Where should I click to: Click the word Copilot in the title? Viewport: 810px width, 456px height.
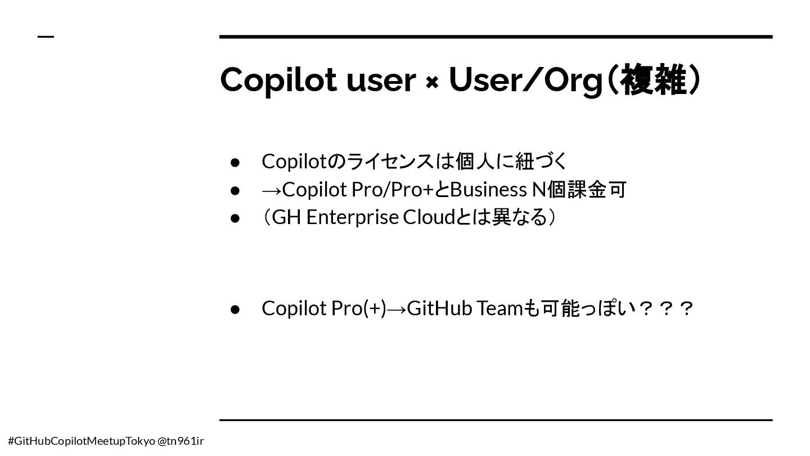278,81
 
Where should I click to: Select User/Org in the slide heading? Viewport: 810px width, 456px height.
525,81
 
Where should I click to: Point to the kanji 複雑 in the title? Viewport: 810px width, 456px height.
653,79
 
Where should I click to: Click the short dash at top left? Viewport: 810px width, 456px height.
46,37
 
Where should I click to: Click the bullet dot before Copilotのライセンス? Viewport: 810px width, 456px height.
235,163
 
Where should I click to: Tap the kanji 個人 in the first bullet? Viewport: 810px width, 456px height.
475,162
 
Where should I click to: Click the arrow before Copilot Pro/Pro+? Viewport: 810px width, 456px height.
272,190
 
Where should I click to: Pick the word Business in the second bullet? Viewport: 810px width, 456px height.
488,190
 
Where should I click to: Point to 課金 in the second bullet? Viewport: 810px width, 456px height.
587,190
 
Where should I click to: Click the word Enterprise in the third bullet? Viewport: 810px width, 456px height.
352,217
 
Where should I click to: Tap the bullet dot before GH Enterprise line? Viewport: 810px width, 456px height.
235,218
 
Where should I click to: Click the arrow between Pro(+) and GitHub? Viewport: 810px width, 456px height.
397,310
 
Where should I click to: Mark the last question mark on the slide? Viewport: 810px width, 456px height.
686,309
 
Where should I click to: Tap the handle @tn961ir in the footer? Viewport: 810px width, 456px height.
181,441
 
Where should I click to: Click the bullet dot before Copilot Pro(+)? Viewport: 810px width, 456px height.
235,310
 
